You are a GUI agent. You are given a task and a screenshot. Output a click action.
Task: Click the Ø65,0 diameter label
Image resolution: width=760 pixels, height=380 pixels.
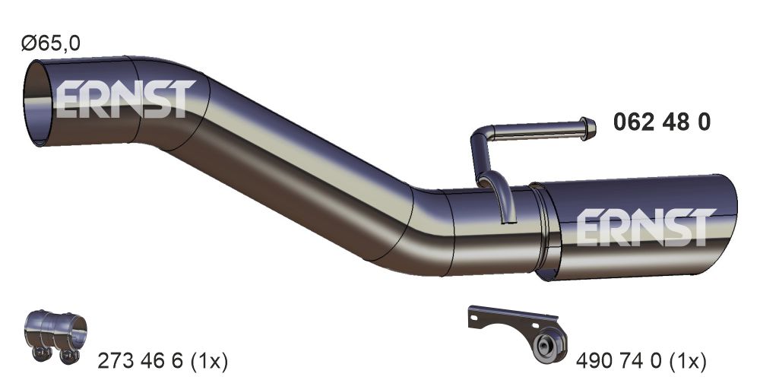pyautogui.click(x=50, y=43)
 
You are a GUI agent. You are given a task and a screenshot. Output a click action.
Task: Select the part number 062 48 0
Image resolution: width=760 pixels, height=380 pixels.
pyautogui.click(x=662, y=122)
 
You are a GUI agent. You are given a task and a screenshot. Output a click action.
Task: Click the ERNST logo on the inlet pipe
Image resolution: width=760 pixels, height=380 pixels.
pyautogui.click(x=125, y=99)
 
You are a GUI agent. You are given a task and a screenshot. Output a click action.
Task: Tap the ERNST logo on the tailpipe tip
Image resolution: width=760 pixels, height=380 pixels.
pyautogui.click(x=646, y=227)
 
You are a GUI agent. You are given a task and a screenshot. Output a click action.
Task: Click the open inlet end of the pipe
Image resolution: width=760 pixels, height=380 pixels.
pyautogui.click(x=38, y=103)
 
